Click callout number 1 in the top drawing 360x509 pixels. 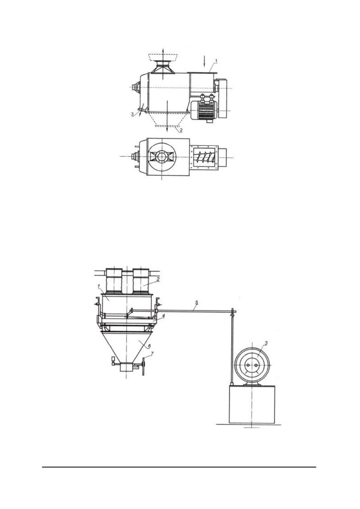pyautogui.click(x=216, y=61)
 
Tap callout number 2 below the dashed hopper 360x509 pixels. pyautogui.click(x=181, y=131)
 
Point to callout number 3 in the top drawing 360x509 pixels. pyautogui.click(x=133, y=114)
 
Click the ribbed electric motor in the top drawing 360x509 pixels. pyautogui.click(x=204, y=110)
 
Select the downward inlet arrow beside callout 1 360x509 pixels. pyautogui.click(x=204, y=61)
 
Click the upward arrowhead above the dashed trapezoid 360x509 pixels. pyautogui.click(x=163, y=50)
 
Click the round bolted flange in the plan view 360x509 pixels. pyautogui.click(x=162, y=157)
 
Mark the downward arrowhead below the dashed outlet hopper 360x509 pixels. pyautogui.click(x=167, y=129)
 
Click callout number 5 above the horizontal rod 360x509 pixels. pyautogui.click(x=197, y=302)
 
